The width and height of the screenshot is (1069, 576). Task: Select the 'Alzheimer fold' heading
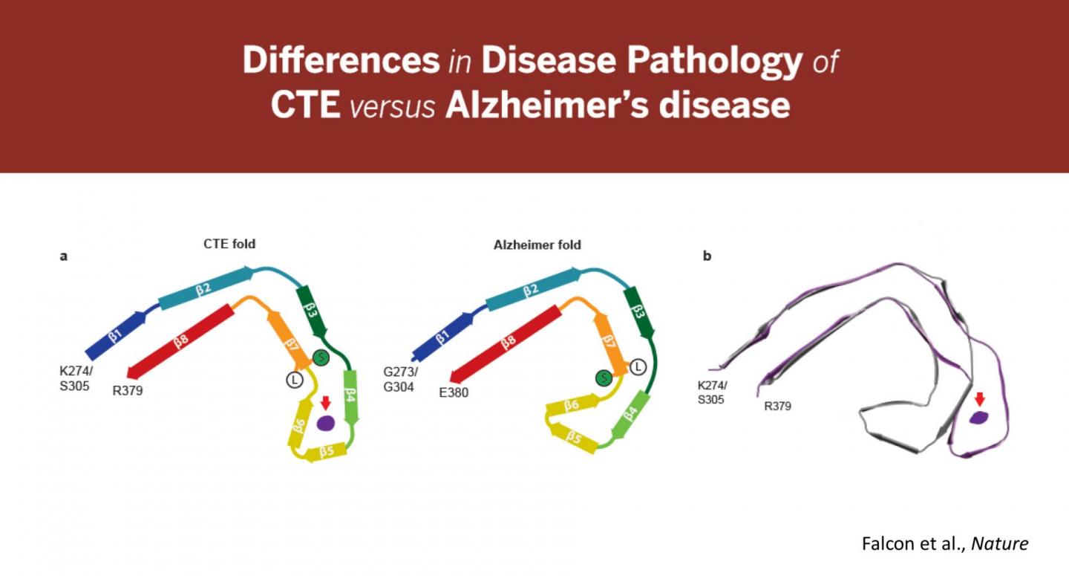pyautogui.click(x=537, y=244)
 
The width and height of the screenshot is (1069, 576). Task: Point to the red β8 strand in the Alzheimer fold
pyautogui.click(x=509, y=343)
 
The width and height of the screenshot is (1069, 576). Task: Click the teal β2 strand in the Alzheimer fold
pyautogui.click(x=531, y=289)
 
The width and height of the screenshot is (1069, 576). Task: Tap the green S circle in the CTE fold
pyautogui.click(x=320, y=358)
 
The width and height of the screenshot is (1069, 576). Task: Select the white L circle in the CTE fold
pyautogui.click(x=295, y=380)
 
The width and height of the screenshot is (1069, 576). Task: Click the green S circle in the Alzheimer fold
pyautogui.click(x=604, y=378)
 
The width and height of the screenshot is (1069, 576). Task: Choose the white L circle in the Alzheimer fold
pyautogui.click(x=638, y=366)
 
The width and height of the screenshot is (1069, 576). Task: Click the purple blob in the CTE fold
pyautogui.click(x=326, y=423)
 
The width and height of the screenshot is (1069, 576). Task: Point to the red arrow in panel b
pyautogui.click(x=980, y=399)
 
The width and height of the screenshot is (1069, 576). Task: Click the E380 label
pyautogui.click(x=454, y=392)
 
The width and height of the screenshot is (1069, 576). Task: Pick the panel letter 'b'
pyautogui.click(x=707, y=256)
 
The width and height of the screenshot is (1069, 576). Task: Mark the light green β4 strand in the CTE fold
pyautogui.click(x=350, y=398)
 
